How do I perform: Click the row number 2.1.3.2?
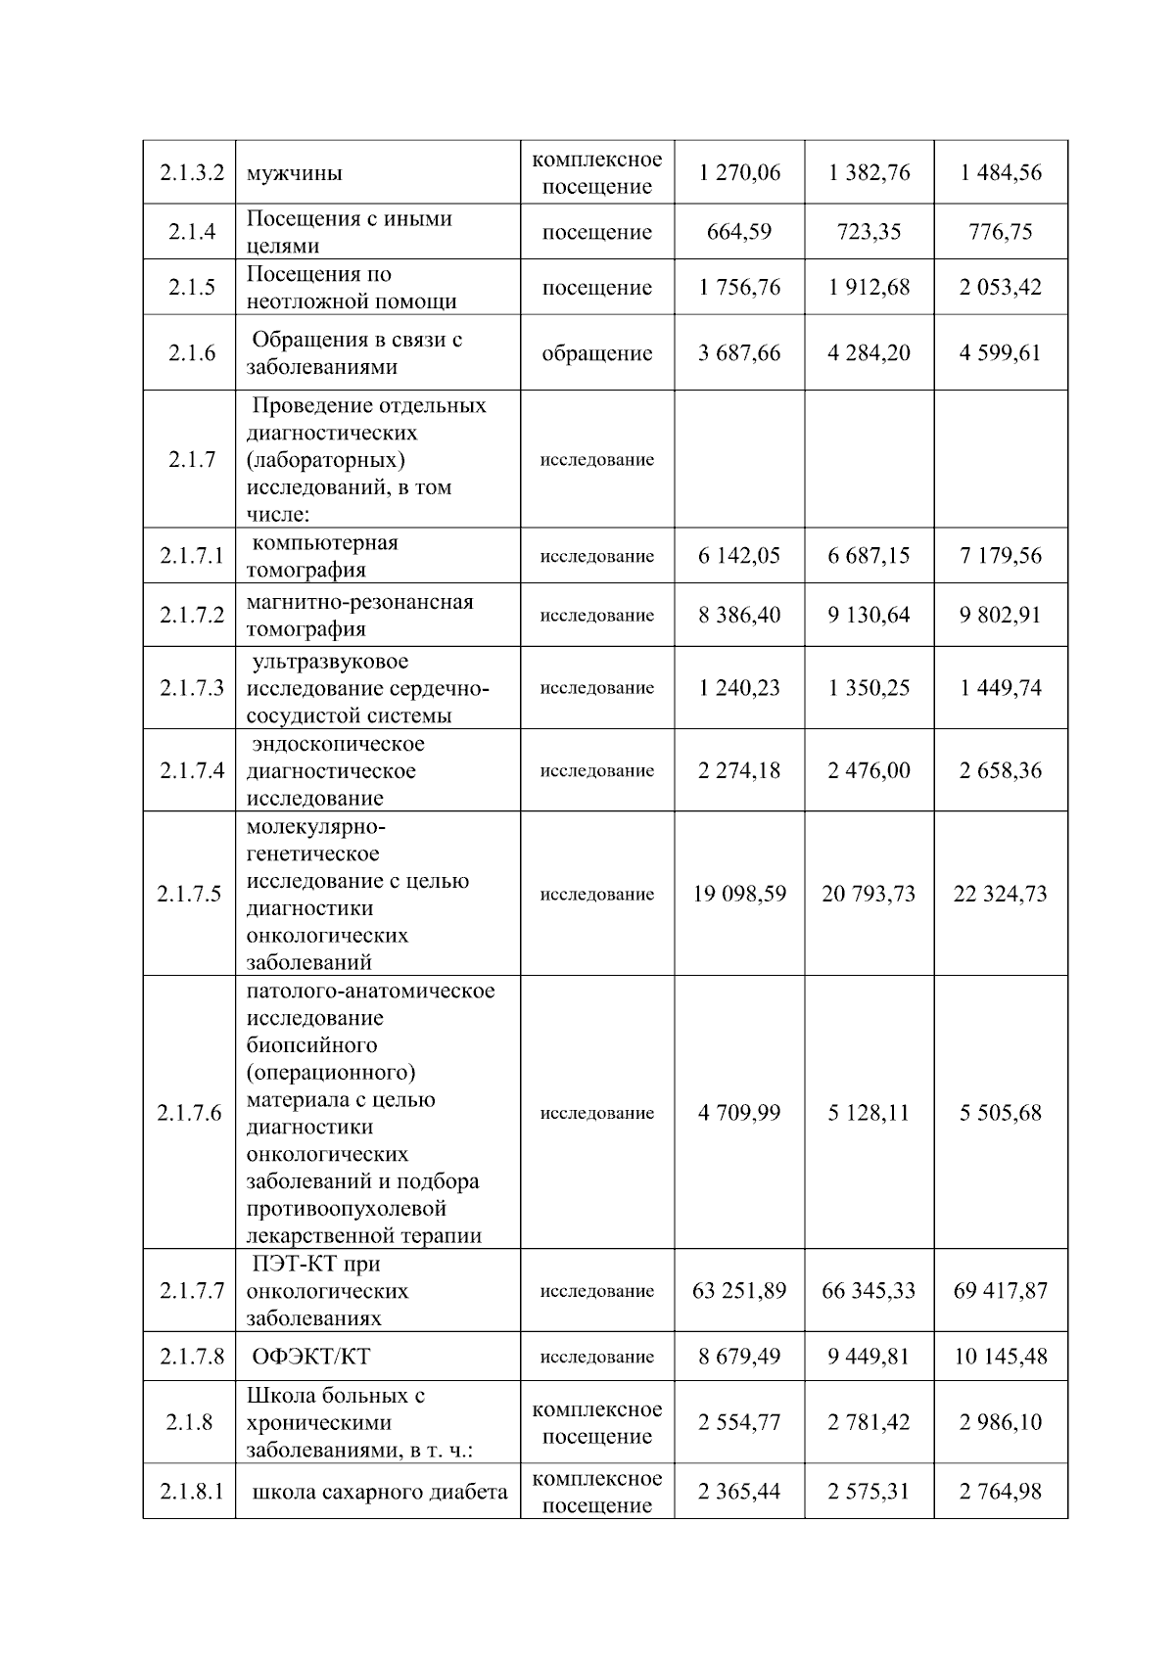coord(191,173)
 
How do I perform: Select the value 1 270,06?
coord(739,173)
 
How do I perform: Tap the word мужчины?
coord(294,174)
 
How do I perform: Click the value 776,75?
coord(1000,232)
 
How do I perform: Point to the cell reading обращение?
coord(596,353)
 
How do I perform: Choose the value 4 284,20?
coord(869,353)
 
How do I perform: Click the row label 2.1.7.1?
coord(191,556)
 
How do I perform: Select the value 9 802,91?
coord(1000,616)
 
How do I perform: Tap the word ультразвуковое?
coord(330,662)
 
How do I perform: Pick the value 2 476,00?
coord(869,771)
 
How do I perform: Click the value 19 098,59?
coord(739,894)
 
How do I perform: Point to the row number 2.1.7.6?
coord(189,1113)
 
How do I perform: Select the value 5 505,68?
coord(1000,1113)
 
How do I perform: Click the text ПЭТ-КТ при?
coord(315,1264)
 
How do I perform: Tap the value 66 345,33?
coord(869,1291)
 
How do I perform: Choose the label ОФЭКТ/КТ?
coord(310,1357)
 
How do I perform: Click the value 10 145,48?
coord(1000,1357)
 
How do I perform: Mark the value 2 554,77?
coord(739,1422)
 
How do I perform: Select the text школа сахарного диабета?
coord(380,1492)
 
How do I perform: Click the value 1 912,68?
coord(869,288)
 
